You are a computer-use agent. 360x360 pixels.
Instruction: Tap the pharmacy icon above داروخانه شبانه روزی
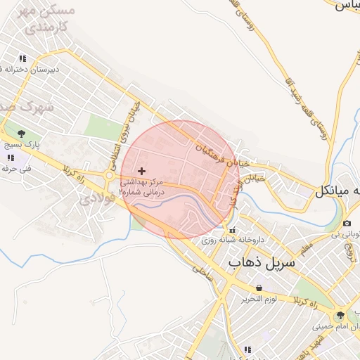point(232,230)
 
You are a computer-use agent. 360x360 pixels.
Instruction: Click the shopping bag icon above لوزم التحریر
point(259,288)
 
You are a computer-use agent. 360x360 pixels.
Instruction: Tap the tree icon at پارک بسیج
point(21,133)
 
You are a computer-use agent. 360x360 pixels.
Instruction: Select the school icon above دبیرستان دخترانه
point(23,58)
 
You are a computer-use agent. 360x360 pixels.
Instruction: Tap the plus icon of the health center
point(143,171)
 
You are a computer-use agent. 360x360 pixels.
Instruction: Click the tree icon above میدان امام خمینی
point(341,315)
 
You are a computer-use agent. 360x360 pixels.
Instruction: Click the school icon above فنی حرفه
point(10,157)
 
